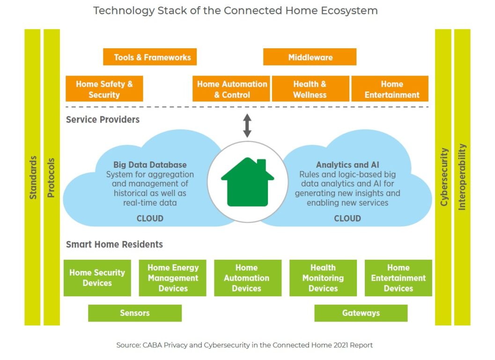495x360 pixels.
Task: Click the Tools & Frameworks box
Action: (150, 57)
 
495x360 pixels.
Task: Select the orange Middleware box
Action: (310, 57)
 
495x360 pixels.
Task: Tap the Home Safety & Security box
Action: (104, 89)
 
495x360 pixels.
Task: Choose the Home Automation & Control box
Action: (231, 89)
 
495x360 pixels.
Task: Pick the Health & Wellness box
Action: (310, 89)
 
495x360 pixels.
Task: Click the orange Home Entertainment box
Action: (390, 89)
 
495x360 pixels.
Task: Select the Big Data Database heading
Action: (150, 165)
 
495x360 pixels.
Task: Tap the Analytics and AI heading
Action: (347, 165)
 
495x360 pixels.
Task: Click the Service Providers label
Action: (103, 120)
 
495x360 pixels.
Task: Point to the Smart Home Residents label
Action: (114, 244)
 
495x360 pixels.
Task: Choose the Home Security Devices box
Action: (97, 278)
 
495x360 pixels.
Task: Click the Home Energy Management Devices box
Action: (173, 278)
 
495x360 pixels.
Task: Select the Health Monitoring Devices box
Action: (323, 278)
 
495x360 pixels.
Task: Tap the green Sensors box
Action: (135, 313)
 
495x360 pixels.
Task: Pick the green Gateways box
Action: (361, 313)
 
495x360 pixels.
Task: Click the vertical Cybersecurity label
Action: (444, 177)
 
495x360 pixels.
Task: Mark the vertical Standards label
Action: (33, 177)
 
